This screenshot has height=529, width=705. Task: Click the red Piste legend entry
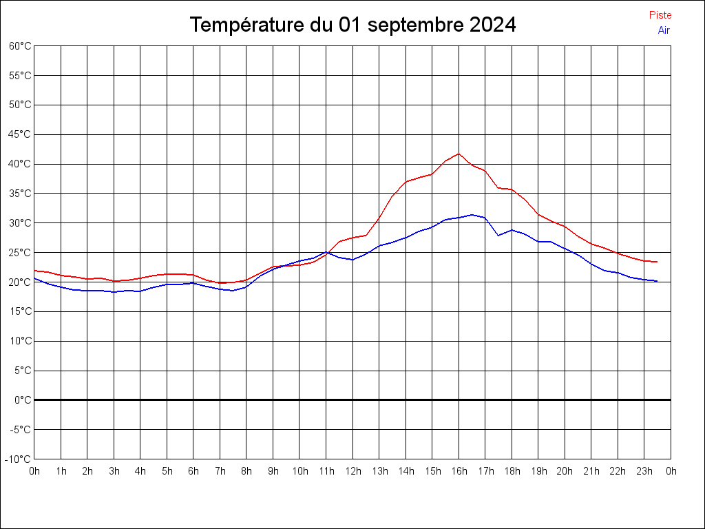[x=660, y=15]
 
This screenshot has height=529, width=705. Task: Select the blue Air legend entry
[x=664, y=30]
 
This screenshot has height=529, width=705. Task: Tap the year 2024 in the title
[x=492, y=25]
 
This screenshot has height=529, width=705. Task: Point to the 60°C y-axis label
[x=21, y=46]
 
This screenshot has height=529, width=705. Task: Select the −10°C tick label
[x=19, y=459]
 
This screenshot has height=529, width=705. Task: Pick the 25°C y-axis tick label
[x=21, y=252]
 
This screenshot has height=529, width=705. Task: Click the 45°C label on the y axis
[x=21, y=134]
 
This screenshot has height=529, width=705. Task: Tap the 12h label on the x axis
[x=352, y=471]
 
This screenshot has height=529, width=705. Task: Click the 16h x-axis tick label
[x=459, y=471]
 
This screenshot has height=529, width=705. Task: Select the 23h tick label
[x=644, y=471]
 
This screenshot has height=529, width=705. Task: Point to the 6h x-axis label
[x=193, y=471]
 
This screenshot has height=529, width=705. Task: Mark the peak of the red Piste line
[x=459, y=154]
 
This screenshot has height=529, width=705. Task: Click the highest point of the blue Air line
[x=472, y=214]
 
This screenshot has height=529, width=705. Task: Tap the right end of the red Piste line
[x=657, y=262]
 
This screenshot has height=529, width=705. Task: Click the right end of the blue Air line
[x=657, y=281]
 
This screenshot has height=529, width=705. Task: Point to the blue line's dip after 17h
[x=498, y=236]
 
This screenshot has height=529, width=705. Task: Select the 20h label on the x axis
[x=565, y=471]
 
